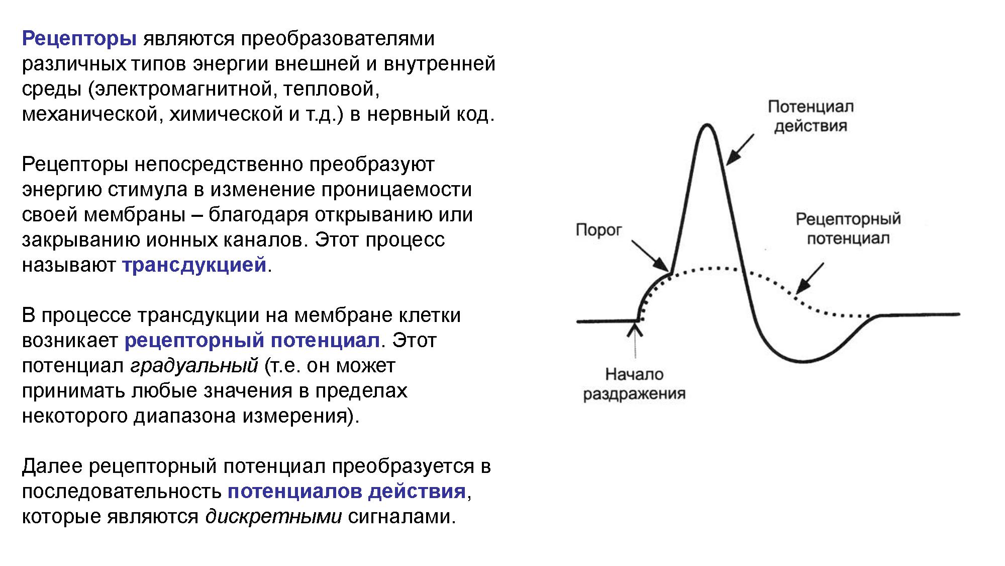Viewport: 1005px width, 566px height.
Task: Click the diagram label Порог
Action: pos(598,231)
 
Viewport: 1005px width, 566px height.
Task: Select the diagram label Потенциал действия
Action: pos(811,116)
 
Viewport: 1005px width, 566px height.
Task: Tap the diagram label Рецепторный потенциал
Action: pos(848,229)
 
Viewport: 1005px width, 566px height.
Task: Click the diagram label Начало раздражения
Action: pos(634,384)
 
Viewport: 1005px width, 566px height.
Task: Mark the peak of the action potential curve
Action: pos(708,124)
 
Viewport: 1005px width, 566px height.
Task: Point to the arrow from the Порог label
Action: pos(650,256)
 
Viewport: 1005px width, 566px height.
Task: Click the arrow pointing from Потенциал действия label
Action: pos(740,150)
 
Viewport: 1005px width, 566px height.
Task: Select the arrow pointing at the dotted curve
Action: pos(810,278)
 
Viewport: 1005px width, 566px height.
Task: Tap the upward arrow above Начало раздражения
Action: pos(636,340)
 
